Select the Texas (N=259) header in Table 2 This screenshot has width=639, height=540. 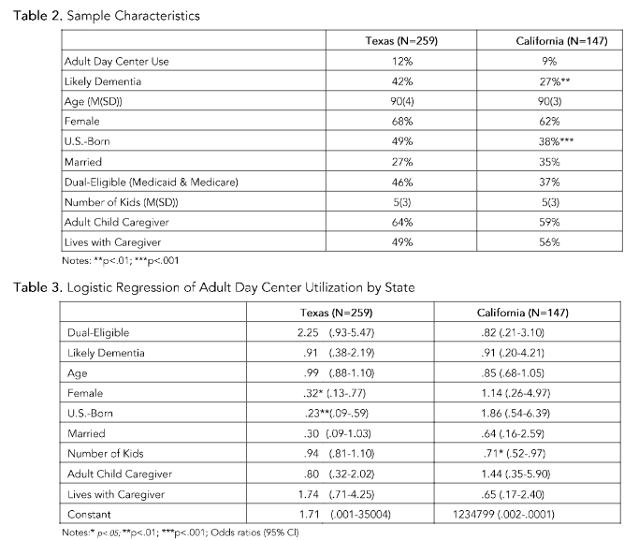(x=401, y=41)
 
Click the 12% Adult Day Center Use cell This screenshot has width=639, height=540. (x=401, y=61)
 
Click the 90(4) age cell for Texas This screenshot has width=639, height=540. (x=401, y=101)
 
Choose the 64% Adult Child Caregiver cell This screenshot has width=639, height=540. (x=401, y=222)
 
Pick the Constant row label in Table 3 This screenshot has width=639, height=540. (x=90, y=514)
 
